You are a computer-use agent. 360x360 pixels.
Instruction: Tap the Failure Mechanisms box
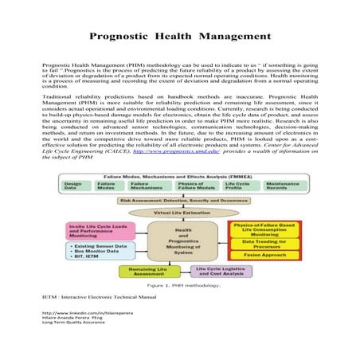144,186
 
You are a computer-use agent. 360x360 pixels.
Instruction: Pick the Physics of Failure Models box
190,186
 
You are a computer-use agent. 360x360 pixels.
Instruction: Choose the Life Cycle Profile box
237,186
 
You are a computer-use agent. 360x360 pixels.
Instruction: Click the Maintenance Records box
282,186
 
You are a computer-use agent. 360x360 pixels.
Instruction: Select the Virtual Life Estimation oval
178,213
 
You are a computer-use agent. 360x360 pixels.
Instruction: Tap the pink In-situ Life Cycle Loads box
100,232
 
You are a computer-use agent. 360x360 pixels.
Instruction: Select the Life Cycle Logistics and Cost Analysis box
220,272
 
